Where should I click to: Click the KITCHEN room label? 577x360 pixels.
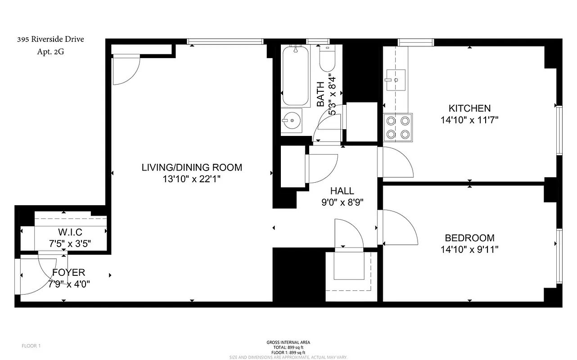click(469, 108)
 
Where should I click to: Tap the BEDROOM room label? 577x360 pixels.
click(469, 238)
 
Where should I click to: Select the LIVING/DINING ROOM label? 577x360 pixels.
click(192, 167)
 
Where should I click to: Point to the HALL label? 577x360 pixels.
click(342, 191)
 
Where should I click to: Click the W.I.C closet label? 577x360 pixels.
click(70, 233)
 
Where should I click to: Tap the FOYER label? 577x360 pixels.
click(68, 272)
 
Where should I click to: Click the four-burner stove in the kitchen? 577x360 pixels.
click(398, 127)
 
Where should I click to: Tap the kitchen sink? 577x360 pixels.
click(395, 80)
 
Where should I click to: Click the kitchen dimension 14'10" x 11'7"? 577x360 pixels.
click(469, 120)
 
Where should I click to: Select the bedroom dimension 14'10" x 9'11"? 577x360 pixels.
click(469, 249)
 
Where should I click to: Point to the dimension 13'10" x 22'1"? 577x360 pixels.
click(192, 179)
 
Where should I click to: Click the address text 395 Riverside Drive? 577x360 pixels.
click(50, 39)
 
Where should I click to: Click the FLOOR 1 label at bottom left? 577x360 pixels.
click(31, 346)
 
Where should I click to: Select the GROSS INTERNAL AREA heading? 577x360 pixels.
click(288, 342)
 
